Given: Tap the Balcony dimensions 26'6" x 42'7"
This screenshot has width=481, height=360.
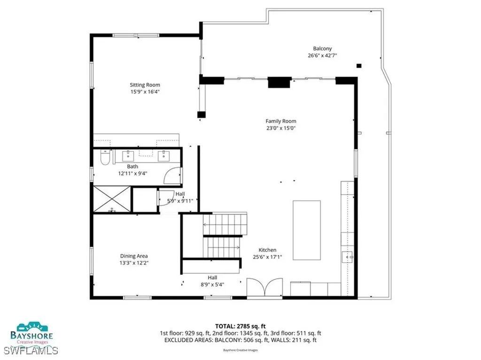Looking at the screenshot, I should tap(322, 55).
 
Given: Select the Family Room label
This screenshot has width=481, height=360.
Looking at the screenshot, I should tap(281, 121).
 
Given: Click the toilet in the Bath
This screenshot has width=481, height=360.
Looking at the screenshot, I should tap(105, 158).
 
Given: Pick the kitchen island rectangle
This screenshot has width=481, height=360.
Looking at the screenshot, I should tap(307, 230).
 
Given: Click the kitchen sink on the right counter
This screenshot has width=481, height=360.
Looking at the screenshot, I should tap(347, 257).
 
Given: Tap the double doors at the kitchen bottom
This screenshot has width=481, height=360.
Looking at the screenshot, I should tap(264, 288).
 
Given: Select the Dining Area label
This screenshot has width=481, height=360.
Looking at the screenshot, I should tap(134, 256).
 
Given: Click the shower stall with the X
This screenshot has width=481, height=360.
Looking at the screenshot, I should tap(111, 199).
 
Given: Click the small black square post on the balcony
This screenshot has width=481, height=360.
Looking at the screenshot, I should tap(359, 66).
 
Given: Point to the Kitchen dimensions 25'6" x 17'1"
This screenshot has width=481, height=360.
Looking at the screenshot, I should tap(267, 257).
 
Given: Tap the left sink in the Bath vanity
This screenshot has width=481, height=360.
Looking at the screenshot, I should tap(128, 155).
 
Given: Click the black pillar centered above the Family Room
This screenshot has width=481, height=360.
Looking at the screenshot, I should tap(279, 82).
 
